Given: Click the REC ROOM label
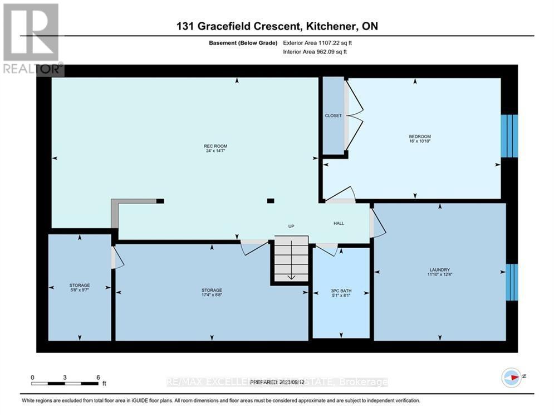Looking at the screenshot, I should (x=215, y=146).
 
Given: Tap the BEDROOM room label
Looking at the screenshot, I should (x=420, y=137).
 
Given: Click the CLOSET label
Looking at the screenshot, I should (x=333, y=115).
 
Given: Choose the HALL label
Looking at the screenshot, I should (x=339, y=223).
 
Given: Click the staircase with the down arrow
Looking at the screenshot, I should (x=290, y=259).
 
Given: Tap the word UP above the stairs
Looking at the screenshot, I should (x=291, y=226).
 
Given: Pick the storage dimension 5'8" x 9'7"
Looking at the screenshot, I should (x=80, y=291).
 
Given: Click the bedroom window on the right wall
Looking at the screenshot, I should (x=509, y=136).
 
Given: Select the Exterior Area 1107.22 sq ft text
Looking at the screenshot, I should (x=318, y=42).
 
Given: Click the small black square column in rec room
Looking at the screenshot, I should (x=271, y=201).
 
